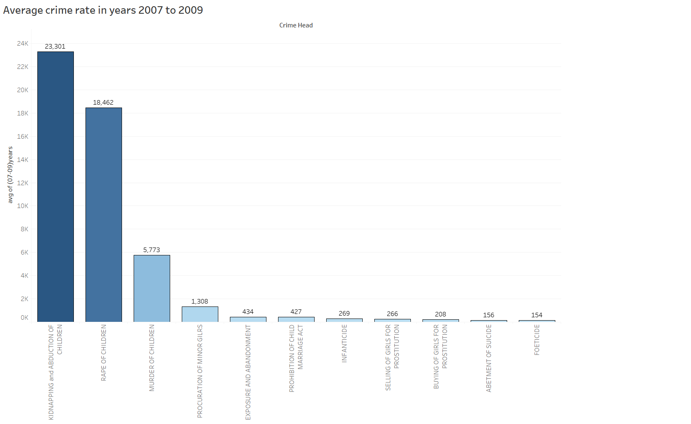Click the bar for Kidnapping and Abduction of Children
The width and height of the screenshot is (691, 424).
point(56,186)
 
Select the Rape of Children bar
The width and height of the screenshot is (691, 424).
point(104,214)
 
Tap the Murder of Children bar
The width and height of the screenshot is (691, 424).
point(152,288)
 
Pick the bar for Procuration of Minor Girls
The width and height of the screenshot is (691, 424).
point(200,314)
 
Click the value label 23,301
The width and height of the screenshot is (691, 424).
point(55,47)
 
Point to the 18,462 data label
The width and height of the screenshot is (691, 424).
point(103,103)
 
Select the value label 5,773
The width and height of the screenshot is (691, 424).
point(151,250)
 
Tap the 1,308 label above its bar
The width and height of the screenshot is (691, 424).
point(200,301)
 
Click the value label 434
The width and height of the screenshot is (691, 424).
point(248,312)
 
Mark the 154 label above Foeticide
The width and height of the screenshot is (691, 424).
point(537,315)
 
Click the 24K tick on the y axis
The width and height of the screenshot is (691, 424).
point(23,44)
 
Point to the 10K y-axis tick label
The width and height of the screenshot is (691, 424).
point(23,206)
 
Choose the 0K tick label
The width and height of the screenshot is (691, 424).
point(24,318)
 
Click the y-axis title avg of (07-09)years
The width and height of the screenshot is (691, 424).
point(10,175)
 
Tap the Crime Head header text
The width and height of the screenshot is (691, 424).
point(296,25)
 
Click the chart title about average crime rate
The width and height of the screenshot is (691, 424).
point(103,10)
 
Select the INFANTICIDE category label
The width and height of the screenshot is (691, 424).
point(344,343)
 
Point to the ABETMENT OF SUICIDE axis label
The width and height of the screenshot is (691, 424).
point(488,358)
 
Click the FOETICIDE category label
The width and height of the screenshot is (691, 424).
point(537,340)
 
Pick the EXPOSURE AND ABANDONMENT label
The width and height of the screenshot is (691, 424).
point(248,372)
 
